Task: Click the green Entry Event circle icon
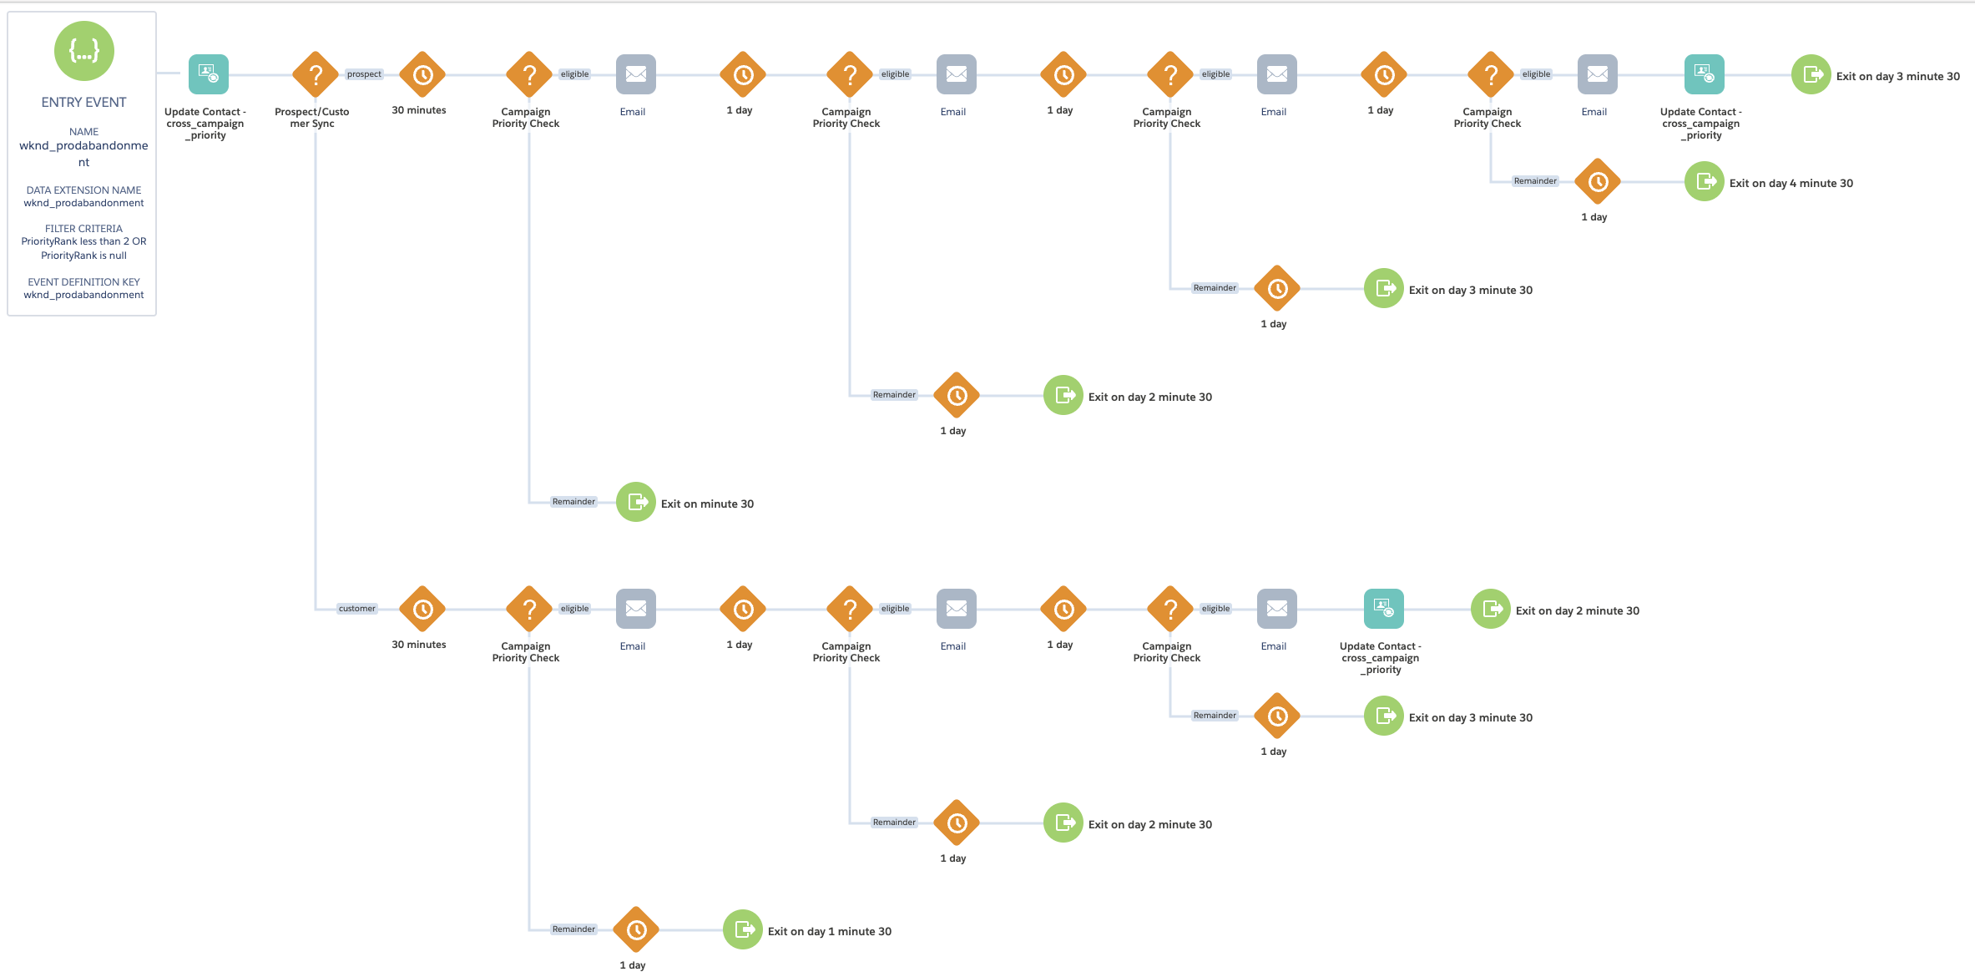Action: pos(83,51)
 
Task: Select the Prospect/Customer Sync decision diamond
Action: pos(316,75)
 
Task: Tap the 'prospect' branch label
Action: pos(364,74)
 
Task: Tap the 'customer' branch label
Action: pos(357,609)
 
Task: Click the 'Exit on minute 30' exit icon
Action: pos(636,502)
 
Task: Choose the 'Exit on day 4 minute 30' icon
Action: pos(1705,181)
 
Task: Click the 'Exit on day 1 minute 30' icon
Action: pos(743,929)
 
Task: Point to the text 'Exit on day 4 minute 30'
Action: pos(1791,183)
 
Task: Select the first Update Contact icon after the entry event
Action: pos(209,74)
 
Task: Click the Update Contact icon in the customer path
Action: pos(1384,609)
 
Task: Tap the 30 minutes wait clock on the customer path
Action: pos(422,610)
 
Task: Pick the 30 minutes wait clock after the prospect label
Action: pos(422,75)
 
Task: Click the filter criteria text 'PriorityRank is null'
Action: pos(83,256)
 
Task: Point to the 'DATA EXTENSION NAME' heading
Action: pos(83,190)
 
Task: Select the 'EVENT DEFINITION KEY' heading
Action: pos(83,282)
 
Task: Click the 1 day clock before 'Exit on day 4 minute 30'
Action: pos(1598,182)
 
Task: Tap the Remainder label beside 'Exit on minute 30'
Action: pos(573,502)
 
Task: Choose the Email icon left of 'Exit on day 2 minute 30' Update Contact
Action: pos(1277,609)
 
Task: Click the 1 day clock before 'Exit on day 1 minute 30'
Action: pos(636,930)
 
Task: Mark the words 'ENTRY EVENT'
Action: pos(83,102)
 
